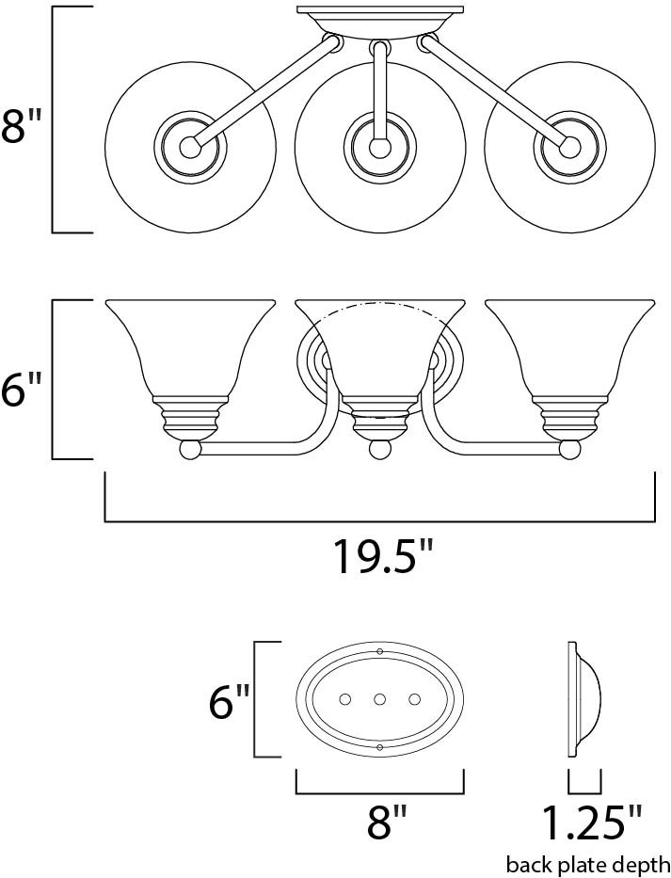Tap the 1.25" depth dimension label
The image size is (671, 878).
pyautogui.click(x=589, y=823)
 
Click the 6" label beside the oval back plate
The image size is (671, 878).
pyautogui.click(x=229, y=701)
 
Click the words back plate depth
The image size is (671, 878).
pyautogui.click(x=588, y=864)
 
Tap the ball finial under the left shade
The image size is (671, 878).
pyautogui.click(x=191, y=450)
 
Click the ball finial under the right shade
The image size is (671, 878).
pyautogui.click(x=568, y=450)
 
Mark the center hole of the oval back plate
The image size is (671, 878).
pyautogui.click(x=380, y=699)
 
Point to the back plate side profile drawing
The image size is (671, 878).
pyautogui.click(x=583, y=699)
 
